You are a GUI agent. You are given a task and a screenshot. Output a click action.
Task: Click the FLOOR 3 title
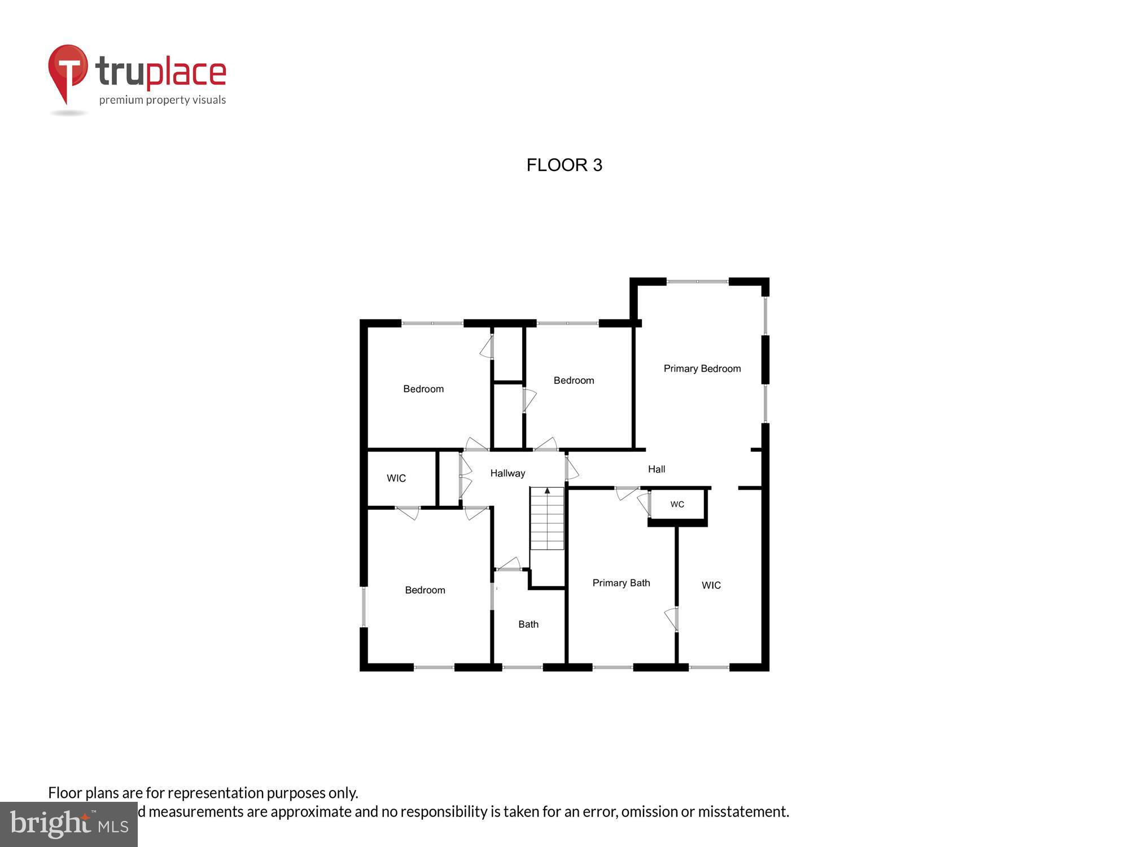point(564,165)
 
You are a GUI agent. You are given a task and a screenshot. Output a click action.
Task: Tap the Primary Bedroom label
point(702,369)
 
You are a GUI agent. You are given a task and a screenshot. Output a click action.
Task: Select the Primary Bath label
point(621,583)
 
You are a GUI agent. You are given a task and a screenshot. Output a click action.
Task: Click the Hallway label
point(507,473)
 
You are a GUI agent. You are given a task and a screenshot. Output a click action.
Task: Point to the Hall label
point(656,469)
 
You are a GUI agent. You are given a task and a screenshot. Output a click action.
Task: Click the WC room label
point(677,504)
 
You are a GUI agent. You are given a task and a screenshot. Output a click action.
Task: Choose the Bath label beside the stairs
point(528,624)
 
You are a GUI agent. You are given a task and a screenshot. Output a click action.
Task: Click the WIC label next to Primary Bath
point(711,586)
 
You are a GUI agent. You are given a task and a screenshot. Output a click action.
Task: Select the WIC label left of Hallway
point(396,478)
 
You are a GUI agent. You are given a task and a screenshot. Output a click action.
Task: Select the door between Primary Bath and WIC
point(672,618)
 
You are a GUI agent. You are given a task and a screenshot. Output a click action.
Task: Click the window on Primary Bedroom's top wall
point(698,281)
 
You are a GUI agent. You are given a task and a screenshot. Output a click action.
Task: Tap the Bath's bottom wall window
point(522,667)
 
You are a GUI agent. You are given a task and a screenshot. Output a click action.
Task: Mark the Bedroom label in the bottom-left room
point(425,590)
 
